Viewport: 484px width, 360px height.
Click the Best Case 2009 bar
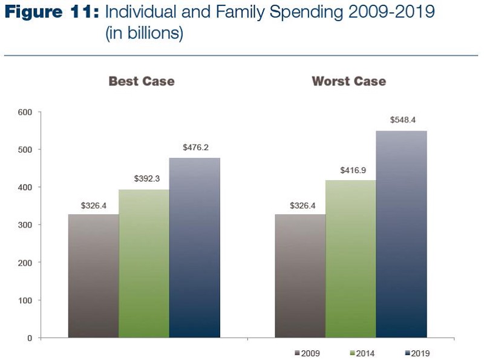(x=93, y=275)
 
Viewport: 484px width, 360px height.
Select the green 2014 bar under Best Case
(x=143, y=263)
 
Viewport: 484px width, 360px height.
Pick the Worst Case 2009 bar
(x=300, y=275)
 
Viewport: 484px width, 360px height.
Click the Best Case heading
(x=142, y=81)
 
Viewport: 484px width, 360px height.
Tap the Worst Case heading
(x=348, y=81)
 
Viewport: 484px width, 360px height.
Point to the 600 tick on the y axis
(x=25, y=112)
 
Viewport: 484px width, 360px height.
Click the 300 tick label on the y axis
(x=25, y=225)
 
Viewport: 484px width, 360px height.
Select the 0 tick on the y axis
(x=29, y=338)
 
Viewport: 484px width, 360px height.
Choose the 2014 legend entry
(x=362, y=353)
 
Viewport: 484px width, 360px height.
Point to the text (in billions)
(x=144, y=34)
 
